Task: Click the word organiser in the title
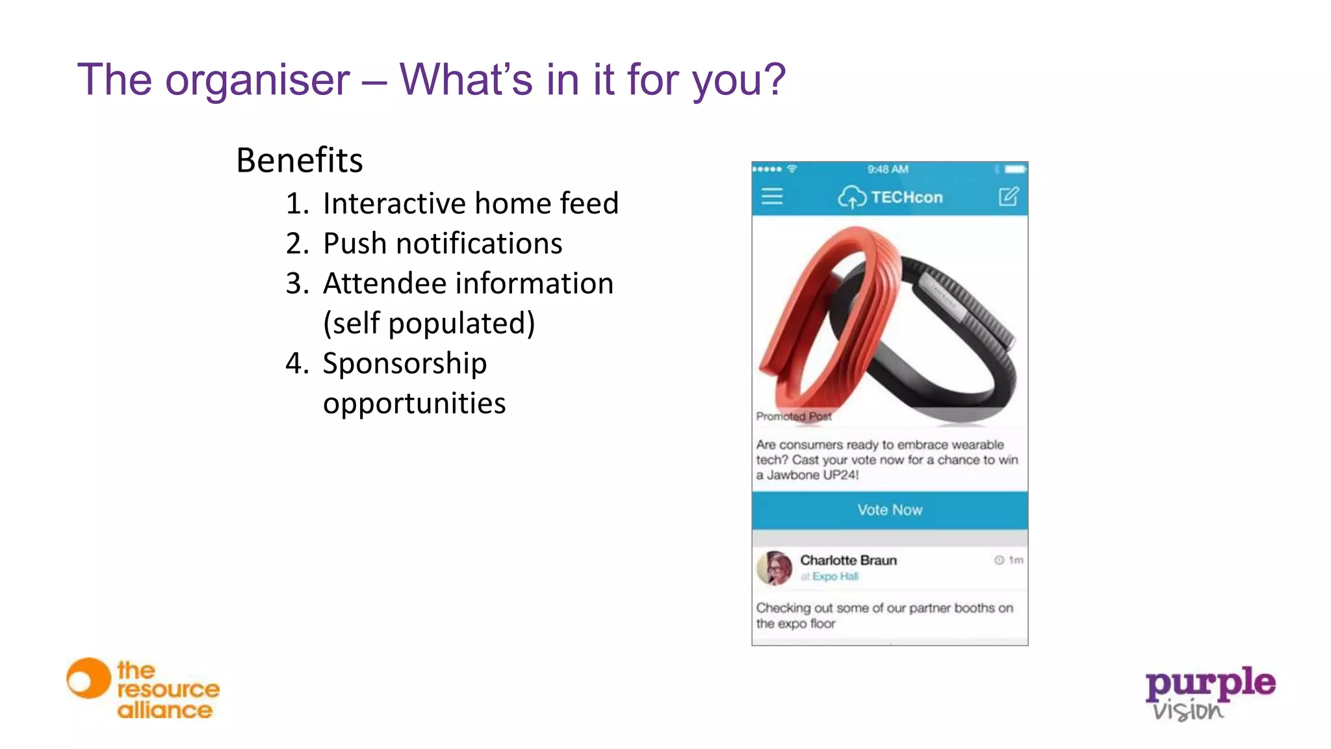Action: (257, 81)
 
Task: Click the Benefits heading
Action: (299, 161)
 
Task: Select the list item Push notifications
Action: (442, 244)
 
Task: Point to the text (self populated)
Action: (429, 323)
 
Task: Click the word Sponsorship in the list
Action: (404, 363)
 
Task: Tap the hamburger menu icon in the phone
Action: (772, 196)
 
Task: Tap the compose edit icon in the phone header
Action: (1008, 196)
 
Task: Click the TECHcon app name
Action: (907, 197)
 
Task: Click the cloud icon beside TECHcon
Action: (851, 196)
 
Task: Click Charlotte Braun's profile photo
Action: (775, 568)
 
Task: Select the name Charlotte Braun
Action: (848, 560)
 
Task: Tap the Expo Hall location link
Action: (834, 577)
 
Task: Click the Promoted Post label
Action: (794, 416)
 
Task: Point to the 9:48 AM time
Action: (888, 169)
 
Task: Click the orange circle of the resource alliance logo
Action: (88, 679)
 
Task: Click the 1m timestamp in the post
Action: (1015, 560)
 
